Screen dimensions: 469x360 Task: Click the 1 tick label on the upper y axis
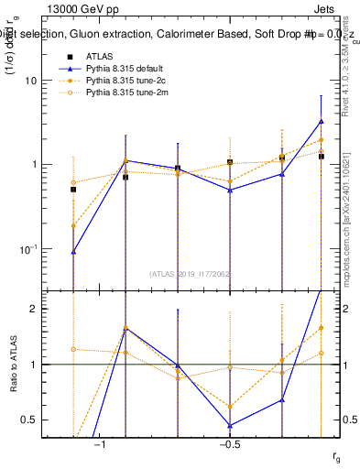(33, 165)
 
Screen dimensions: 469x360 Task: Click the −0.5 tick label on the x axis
(229, 445)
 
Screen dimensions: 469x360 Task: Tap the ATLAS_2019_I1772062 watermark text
(191, 273)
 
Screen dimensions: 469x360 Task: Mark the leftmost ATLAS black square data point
(73, 190)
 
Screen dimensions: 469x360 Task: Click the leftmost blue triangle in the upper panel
(73, 251)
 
